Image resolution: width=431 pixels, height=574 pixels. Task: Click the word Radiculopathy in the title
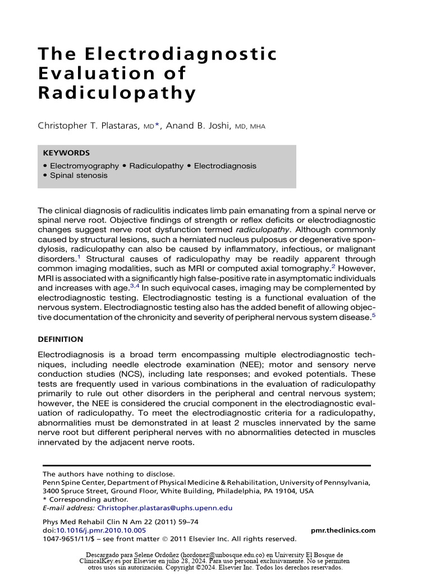click(x=117, y=92)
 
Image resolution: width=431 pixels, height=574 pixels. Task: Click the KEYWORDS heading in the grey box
click(x=66, y=152)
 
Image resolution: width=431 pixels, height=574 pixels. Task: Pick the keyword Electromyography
click(x=84, y=166)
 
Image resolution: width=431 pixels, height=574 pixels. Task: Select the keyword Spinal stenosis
click(x=79, y=175)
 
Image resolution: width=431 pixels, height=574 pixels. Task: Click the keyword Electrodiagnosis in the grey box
click(x=225, y=166)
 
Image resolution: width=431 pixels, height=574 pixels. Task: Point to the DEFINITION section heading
click(x=60, y=339)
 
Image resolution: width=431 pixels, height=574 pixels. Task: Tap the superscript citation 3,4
click(x=134, y=285)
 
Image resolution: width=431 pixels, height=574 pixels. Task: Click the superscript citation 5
click(x=374, y=314)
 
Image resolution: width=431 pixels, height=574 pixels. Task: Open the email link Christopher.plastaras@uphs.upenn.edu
click(x=164, y=508)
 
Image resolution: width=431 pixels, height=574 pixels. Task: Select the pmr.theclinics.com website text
click(x=343, y=530)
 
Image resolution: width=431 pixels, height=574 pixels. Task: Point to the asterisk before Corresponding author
click(x=45, y=499)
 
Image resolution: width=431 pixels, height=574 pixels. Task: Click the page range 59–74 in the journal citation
click(x=186, y=522)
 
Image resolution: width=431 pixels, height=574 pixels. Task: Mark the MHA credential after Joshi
click(x=258, y=127)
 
